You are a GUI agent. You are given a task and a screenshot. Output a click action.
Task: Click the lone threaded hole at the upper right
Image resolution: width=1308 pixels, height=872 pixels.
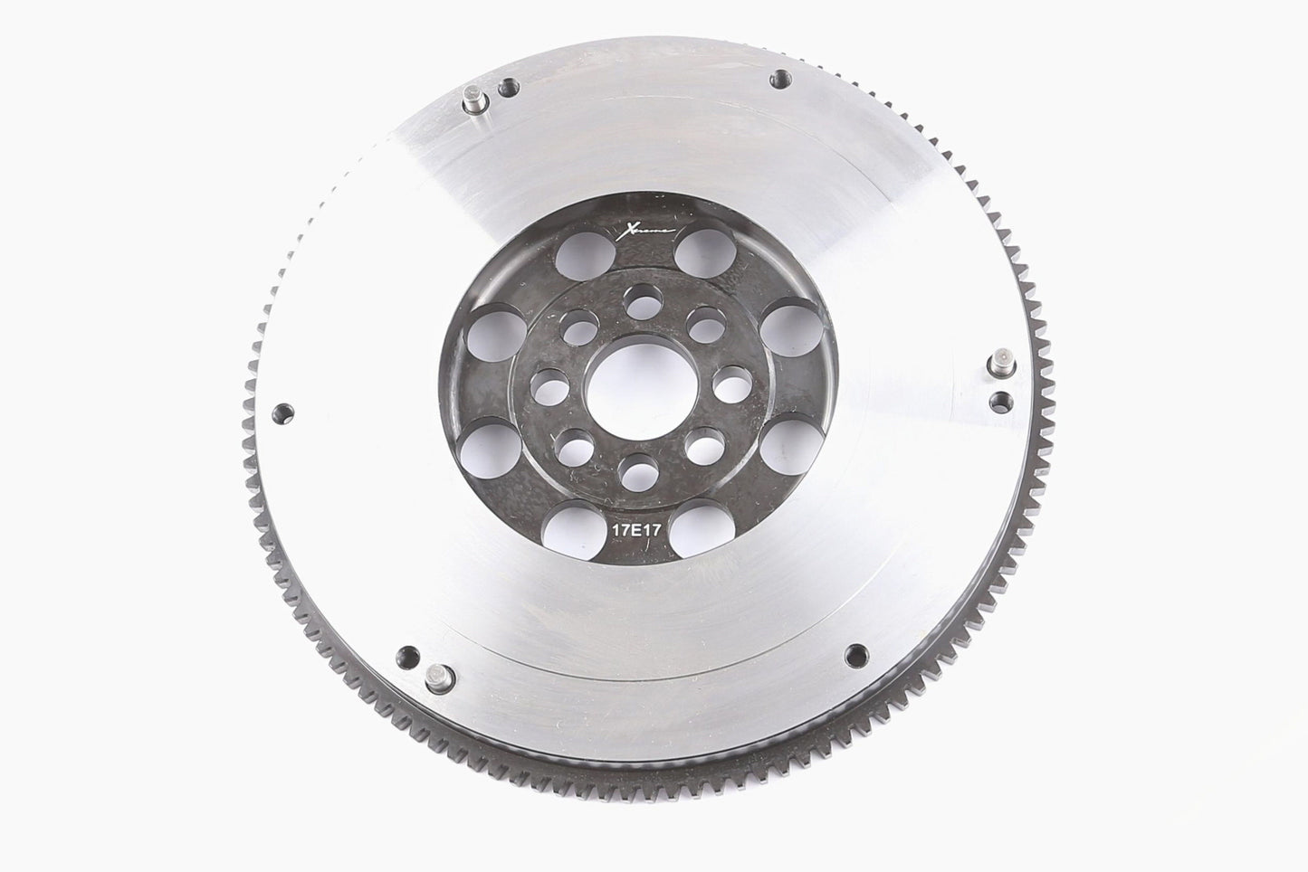point(777,79)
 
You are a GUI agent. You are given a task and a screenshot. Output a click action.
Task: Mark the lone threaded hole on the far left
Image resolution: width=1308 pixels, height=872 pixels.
point(282,412)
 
